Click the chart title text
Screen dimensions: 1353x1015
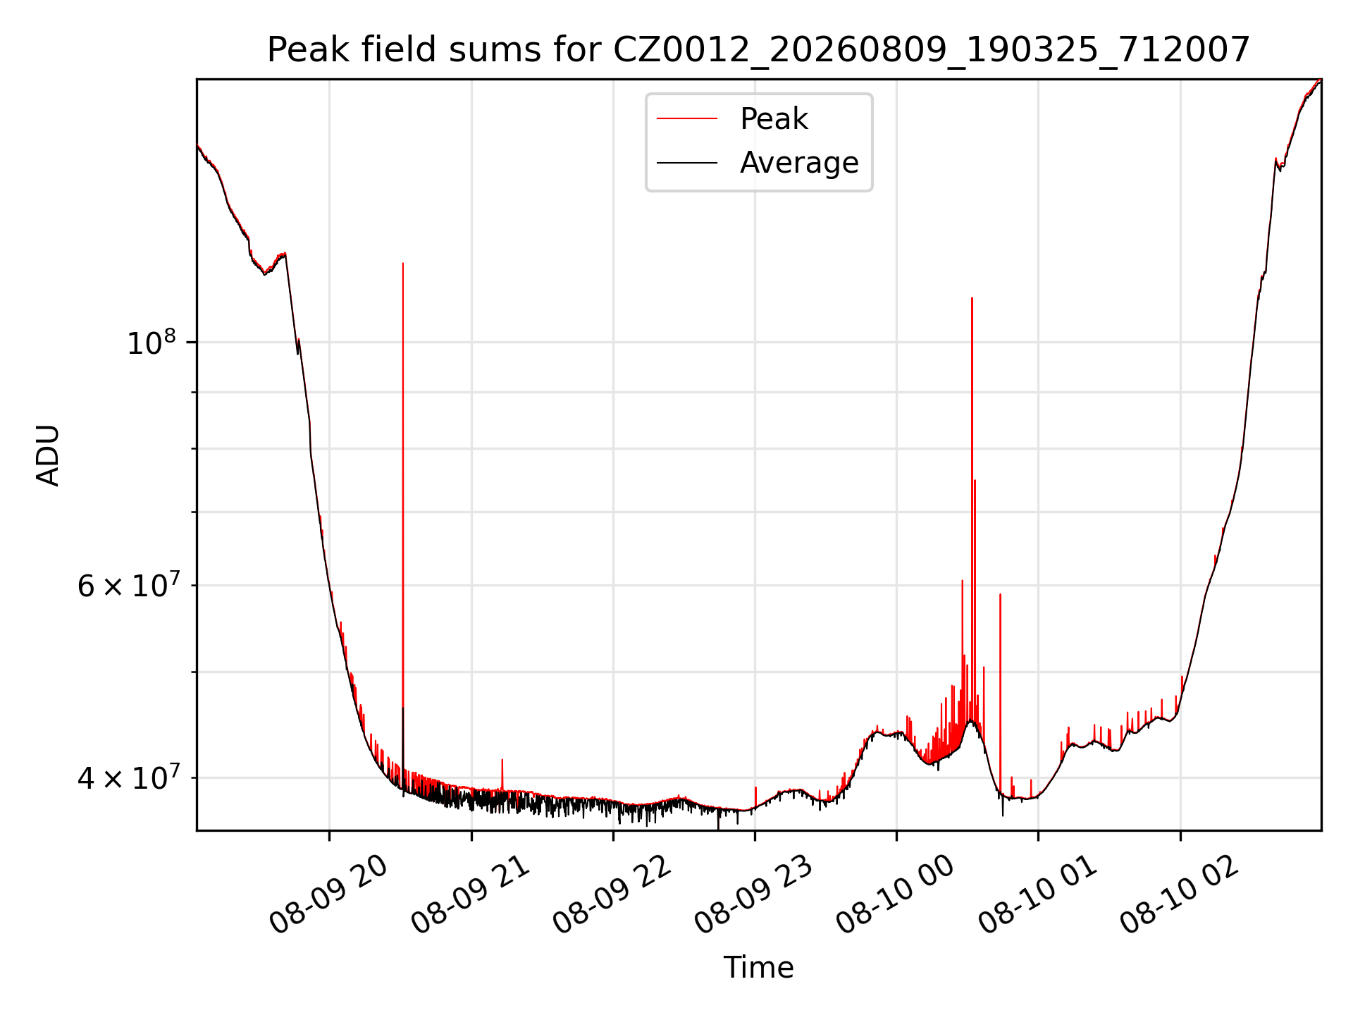pyautogui.click(x=758, y=50)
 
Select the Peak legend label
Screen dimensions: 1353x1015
pyautogui.click(x=774, y=119)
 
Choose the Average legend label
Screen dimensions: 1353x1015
pyautogui.click(x=799, y=163)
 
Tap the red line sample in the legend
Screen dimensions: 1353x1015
pyautogui.click(x=687, y=119)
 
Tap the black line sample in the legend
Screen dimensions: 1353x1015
pyautogui.click(x=687, y=163)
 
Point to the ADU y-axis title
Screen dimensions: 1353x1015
pyautogui.click(x=48, y=455)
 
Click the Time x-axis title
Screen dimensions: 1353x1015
pyautogui.click(x=758, y=968)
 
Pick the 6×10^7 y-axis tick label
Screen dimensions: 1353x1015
pyautogui.click(x=127, y=585)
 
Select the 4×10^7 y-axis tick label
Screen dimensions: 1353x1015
pyautogui.click(x=127, y=777)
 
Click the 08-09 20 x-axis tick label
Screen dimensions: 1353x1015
pyautogui.click(x=329, y=895)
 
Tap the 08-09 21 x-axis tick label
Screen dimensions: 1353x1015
pyautogui.click(x=471, y=895)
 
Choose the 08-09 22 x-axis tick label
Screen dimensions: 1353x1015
pyautogui.click(x=612, y=895)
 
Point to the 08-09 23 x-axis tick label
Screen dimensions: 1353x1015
pyautogui.click(x=755, y=895)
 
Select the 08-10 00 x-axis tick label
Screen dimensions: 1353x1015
pyautogui.click(x=896, y=895)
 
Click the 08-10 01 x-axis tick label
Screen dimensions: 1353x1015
pyautogui.click(x=1038, y=895)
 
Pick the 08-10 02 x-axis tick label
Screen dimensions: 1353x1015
pyautogui.click(x=1180, y=895)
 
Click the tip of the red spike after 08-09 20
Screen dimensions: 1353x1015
pyautogui.click(x=403, y=264)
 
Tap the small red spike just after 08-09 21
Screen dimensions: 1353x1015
pyautogui.click(x=502, y=760)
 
